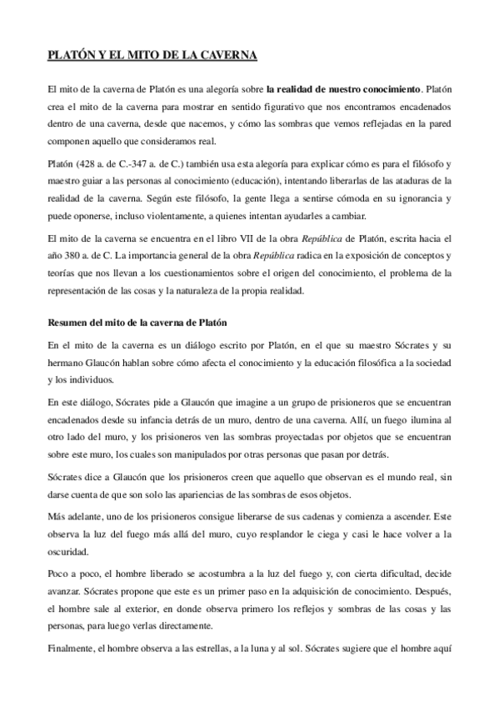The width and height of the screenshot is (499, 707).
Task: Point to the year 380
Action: (x=74, y=253)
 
